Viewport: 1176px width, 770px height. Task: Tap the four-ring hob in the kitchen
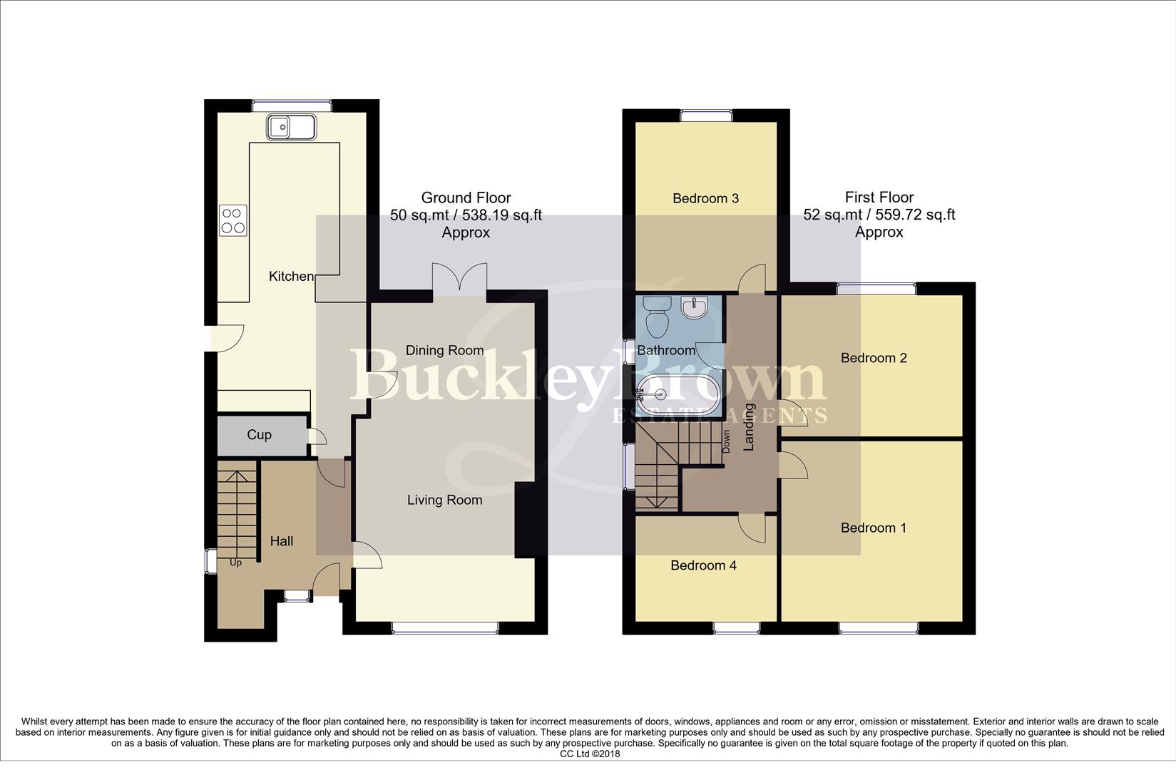233,220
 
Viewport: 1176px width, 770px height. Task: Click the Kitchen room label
290,277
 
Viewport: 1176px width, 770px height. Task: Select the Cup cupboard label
259,435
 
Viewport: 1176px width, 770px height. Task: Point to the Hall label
282,542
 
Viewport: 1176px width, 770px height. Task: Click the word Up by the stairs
235,563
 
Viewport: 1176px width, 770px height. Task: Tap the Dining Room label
444,350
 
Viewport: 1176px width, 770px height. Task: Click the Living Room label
444,500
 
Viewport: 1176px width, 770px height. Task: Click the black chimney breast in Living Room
524,520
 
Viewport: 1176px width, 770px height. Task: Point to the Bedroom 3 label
705,199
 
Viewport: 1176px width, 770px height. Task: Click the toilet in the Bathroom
656,317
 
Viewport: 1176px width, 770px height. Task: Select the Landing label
750,427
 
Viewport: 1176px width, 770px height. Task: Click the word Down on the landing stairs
726,442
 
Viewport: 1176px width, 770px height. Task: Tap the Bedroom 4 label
703,566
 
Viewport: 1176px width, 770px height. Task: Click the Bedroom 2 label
874,358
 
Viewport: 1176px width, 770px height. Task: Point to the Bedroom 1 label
874,528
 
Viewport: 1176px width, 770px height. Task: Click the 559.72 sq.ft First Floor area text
879,215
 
